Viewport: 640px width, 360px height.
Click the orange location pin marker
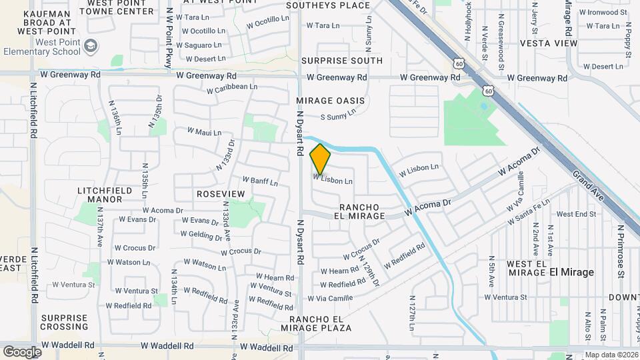[x=320, y=159]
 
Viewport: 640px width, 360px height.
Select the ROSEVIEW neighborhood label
[x=221, y=193]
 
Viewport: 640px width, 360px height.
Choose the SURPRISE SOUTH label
[x=341, y=61]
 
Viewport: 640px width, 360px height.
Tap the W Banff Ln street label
[x=260, y=181]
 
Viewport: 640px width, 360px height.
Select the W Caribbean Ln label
[x=231, y=88]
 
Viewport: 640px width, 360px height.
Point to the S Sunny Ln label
[x=338, y=117]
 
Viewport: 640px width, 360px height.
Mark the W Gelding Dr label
[x=201, y=235]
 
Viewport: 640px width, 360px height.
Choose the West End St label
[x=576, y=214]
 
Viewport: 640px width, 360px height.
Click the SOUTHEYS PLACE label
[x=328, y=5]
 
